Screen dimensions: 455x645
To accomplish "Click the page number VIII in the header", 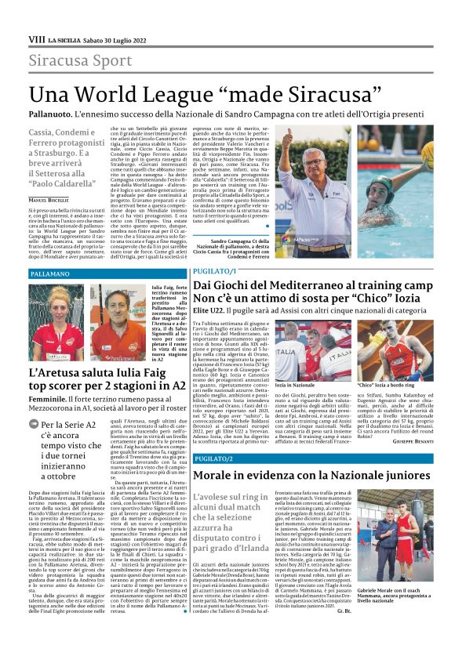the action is [x=36, y=39].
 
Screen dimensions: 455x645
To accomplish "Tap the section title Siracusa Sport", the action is [x=81, y=61].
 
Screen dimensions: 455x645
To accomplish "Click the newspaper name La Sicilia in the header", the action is [x=62, y=39].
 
